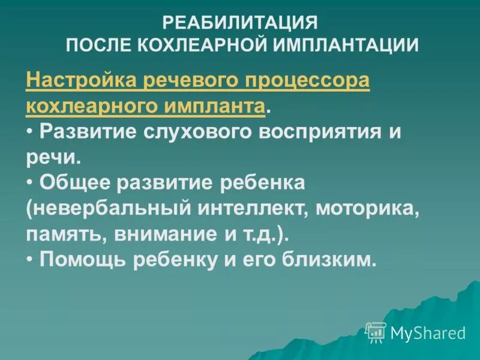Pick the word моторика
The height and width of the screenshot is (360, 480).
click(366, 209)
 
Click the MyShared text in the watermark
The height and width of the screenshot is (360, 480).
click(428, 332)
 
